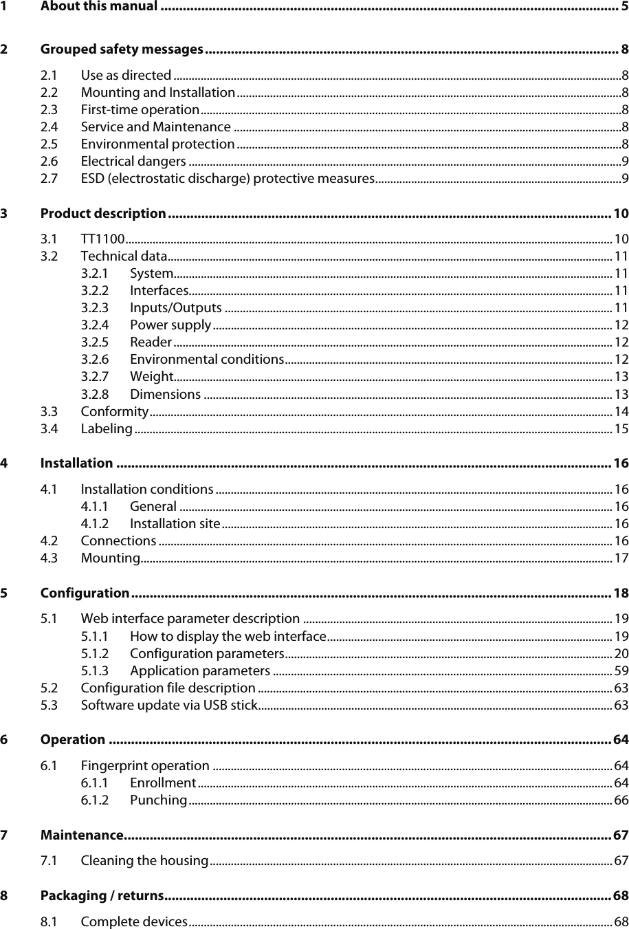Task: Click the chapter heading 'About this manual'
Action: [99, 8]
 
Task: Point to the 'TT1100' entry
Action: [102, 239]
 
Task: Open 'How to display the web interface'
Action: [228, 635]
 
